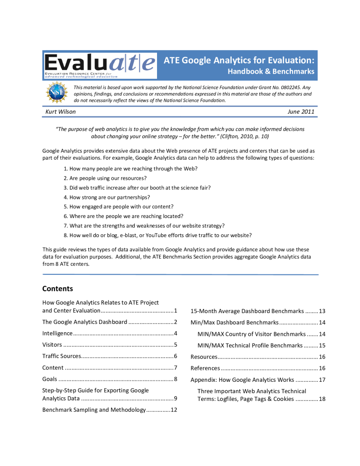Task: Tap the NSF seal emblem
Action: (x=56, y=93)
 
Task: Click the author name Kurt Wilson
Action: (x=61, y=112)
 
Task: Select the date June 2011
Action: (x=301, y=112)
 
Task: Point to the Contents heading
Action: (x=57, y=289)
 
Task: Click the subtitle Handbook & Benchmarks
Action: (x=271, y=72)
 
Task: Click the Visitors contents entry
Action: (x=53, y=344)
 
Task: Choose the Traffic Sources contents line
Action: (x=62, y=356)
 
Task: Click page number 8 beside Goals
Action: (x=175, y=379)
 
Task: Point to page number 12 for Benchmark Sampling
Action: (x=173, y=410)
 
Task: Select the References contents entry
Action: (x=205, y=368)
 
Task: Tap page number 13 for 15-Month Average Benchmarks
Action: (x=322, y=312)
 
